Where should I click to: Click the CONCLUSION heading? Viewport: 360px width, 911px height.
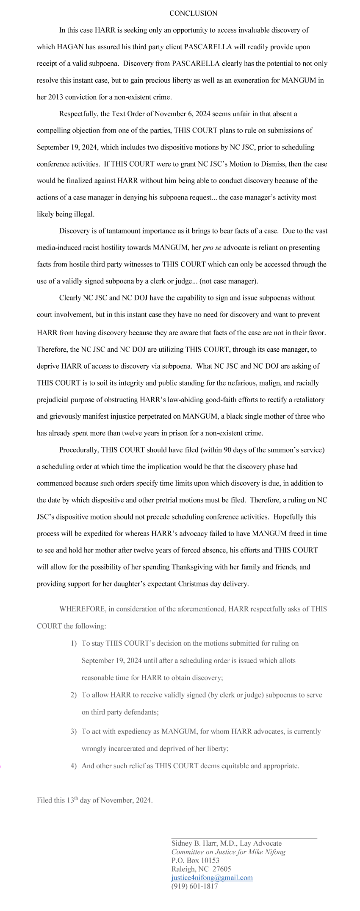193,14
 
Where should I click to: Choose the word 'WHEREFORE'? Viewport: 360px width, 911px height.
82,609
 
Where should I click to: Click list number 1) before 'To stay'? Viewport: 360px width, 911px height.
74,644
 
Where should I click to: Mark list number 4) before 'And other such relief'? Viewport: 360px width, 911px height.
74,766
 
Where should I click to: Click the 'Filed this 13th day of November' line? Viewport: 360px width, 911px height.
94,800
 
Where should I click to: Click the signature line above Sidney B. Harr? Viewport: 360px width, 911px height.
244,838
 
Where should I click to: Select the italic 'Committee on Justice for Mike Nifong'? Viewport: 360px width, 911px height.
228,852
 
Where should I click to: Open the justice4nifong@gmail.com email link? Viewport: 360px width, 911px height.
212,878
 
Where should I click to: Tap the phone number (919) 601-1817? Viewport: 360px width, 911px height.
194,886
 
